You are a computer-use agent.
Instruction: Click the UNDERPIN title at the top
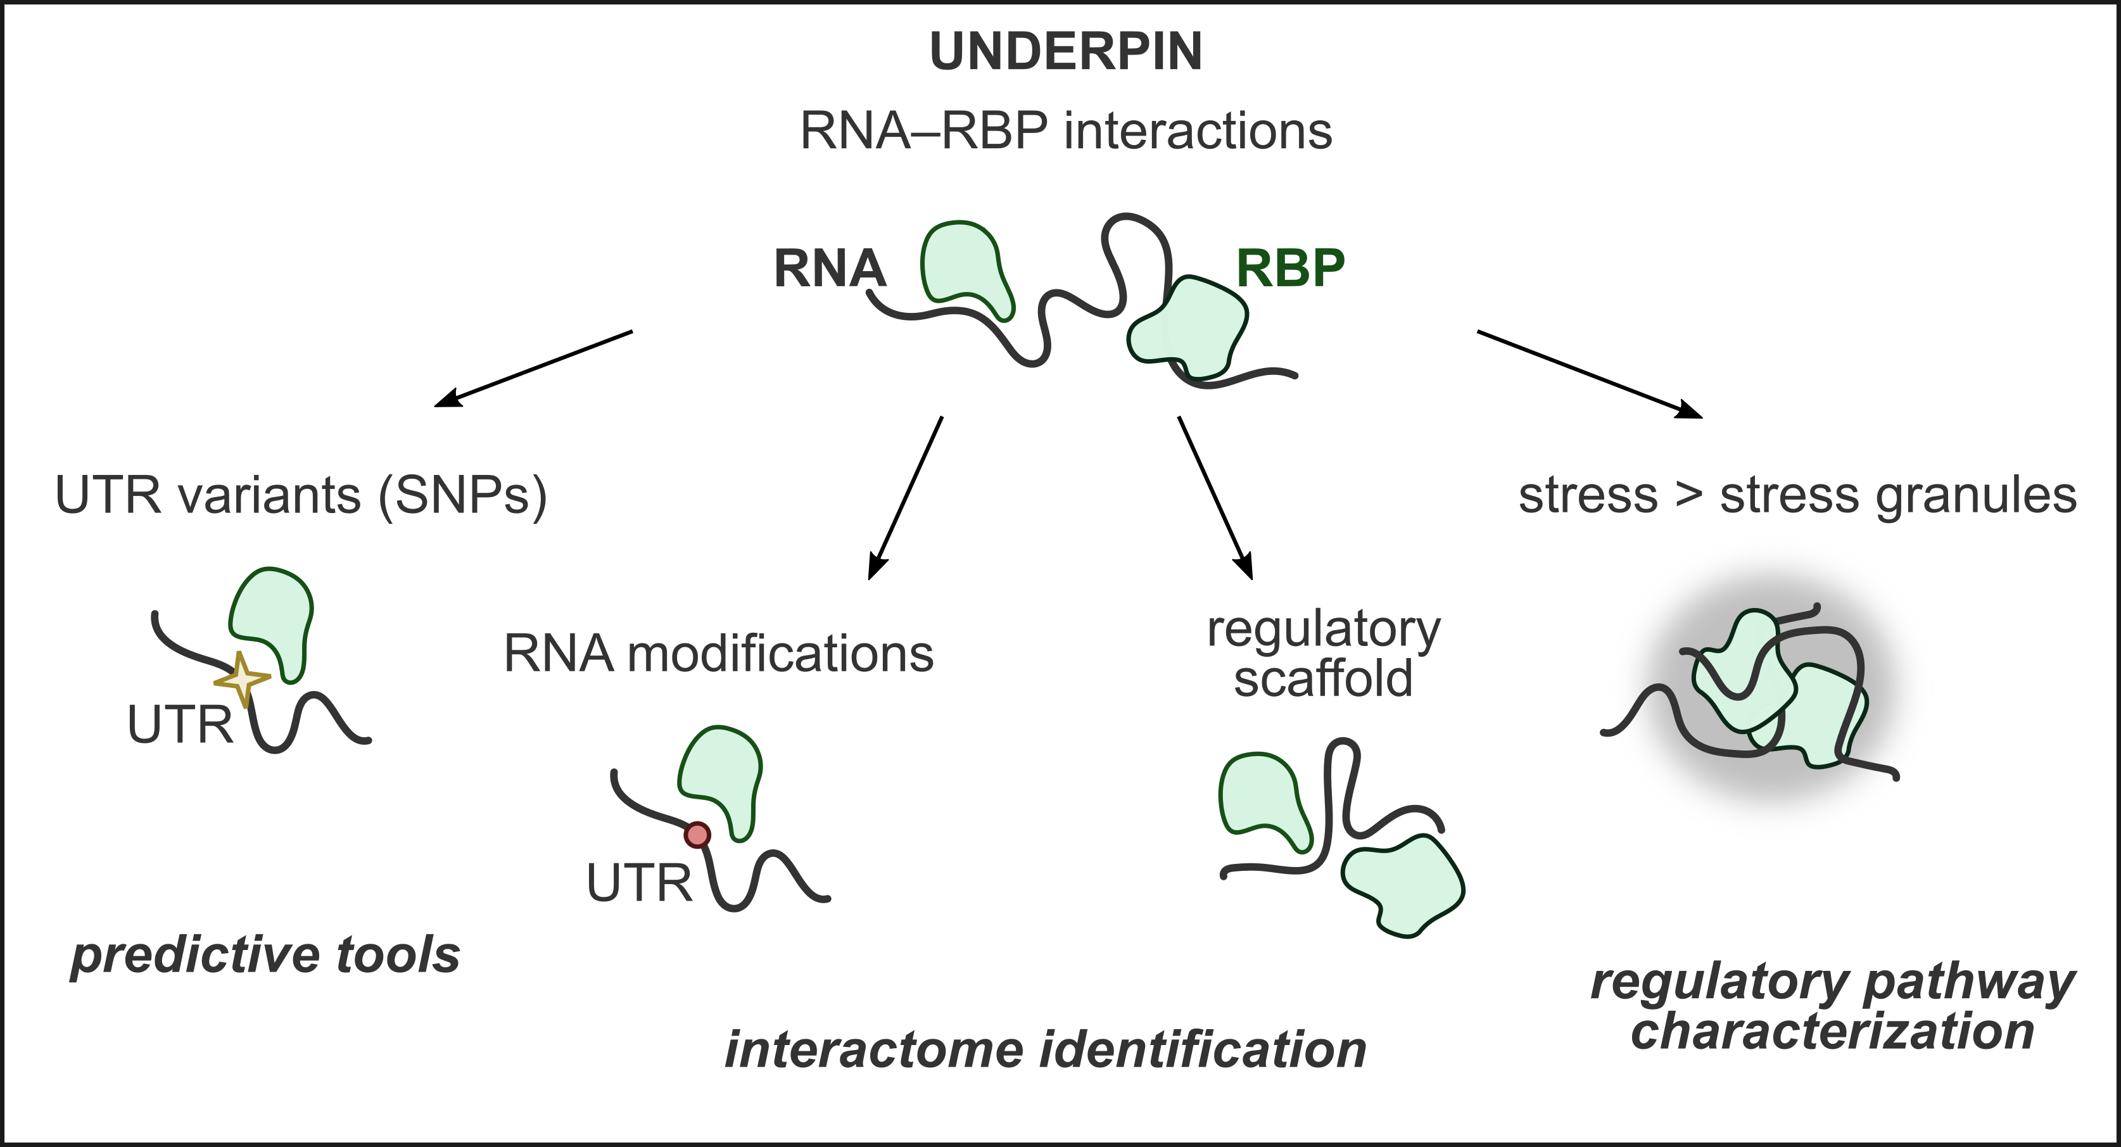tap(1065, 51)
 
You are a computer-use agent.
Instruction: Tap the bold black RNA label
tap(829, 269)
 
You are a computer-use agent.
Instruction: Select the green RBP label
tap(1290, 268)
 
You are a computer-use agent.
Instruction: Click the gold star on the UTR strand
tap(242, 680)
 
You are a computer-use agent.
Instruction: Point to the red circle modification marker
tap(697, 835)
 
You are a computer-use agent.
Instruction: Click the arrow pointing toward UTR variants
tap(533, 368)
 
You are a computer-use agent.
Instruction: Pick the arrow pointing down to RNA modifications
tap(905, 498)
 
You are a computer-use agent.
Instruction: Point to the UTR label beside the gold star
tap(180, 725)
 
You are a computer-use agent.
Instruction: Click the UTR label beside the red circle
tap(639, 883)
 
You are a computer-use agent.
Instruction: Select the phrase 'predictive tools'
tap(265, 955)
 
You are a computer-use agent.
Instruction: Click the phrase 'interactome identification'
tap(1045, 1050)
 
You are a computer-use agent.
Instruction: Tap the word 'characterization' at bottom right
tap(1832, 1031)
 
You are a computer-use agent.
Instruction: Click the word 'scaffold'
tap(1323, 680)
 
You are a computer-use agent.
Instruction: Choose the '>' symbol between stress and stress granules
tap(1688, 496)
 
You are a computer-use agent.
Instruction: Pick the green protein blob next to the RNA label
tap(963, 265)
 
